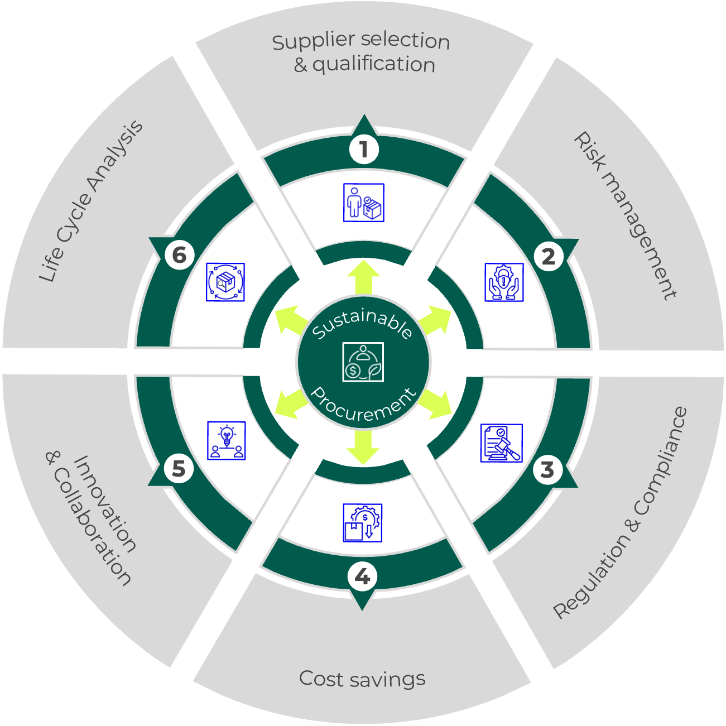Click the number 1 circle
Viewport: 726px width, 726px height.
[364, 150]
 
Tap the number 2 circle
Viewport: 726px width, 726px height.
[548, 256]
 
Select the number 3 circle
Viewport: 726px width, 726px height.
[547, 469]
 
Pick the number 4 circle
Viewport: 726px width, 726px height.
[362, 576]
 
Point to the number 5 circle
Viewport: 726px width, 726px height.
[179, 469]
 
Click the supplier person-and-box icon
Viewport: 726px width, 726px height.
[364, 203]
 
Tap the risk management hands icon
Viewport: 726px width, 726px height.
[504, 282]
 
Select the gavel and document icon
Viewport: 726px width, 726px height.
[502, 443]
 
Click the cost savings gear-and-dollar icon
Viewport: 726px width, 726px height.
[362, 523]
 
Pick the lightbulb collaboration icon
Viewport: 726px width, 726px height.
[227, 440]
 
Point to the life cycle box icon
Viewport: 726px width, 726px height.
[225, 282]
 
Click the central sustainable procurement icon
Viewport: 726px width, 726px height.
[363, 362]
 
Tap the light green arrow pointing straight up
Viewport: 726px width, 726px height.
[363, 277]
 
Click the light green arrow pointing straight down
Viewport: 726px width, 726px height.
[363, 448]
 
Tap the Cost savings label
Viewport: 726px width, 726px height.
[362, 679]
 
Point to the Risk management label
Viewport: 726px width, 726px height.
[625, 215]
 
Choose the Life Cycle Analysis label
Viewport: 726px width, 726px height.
[91, 201]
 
